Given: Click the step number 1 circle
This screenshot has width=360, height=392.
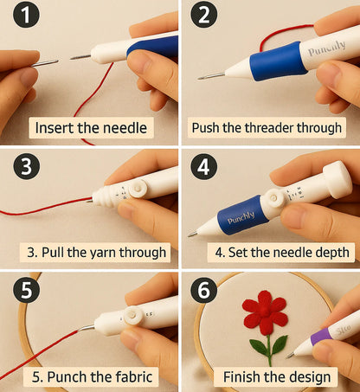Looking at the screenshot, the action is click(x=26, y=14).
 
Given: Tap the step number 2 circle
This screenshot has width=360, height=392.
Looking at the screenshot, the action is click(x=203, y=14).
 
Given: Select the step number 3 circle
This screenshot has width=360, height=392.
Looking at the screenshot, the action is click(x=26, y=166).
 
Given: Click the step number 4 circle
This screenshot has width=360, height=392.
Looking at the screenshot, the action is click(x=203, y=166).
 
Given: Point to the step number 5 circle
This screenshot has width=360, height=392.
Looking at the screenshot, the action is click(x=26, y=289).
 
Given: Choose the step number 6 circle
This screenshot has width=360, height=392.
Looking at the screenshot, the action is click(x=203, y=289).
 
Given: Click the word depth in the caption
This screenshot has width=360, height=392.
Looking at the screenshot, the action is click(x=332, y=253).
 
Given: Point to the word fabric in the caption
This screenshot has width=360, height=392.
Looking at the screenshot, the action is click(x=133, y=376).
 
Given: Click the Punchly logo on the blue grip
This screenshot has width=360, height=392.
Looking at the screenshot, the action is click(x=241, y=218).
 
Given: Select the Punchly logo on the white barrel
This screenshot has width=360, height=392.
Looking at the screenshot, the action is click(x=326, y=48).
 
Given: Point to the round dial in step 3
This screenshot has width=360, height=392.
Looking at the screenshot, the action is click(x=138, y=189).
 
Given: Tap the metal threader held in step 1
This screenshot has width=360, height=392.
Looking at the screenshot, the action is click(x=45, y=63).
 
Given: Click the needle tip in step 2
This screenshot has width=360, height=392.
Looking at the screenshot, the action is click(x=199, y=78).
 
